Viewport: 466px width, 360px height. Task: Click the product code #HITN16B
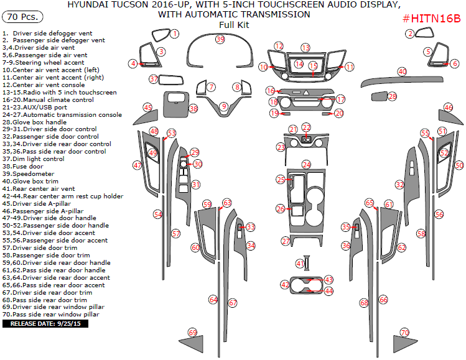(x=432, y=19)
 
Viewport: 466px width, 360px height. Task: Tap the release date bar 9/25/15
(x=47, y=323)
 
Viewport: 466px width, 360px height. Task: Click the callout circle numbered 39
(x=220, y=39)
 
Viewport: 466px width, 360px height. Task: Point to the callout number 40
(x=402, y=72)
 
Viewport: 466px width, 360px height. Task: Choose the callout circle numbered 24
(x=306, y=165)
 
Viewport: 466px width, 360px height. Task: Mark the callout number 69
(x=192, y=332)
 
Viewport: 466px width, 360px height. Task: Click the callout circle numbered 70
(x=405, y=333)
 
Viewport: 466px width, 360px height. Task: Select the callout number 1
(x=175, y=33)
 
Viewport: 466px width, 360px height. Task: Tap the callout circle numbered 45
(x=147, y=108)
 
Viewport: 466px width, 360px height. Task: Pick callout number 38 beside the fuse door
(x=193, y=109)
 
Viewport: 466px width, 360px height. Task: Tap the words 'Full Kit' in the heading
(x=233, y=25)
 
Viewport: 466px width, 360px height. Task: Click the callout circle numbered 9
(x=224, y=107)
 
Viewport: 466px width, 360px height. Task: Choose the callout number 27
(x=286, y=241)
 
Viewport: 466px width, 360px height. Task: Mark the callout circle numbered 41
(x=300, y=264)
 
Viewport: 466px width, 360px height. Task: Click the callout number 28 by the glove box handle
(x=392, y=96)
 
